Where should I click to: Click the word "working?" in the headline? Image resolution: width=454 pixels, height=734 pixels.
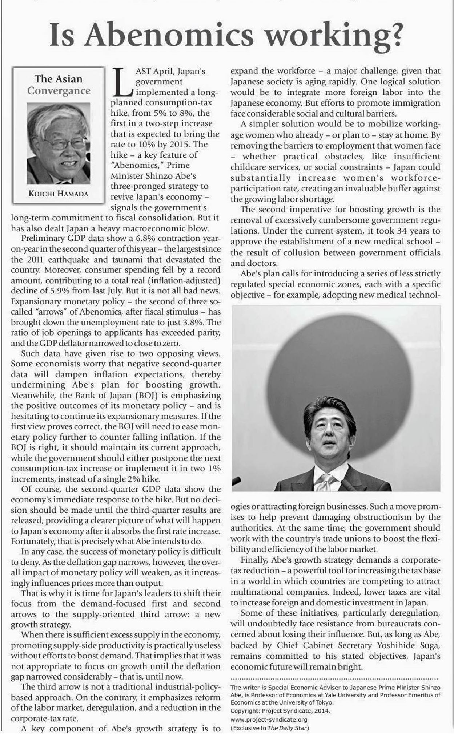click(x=338, y=35)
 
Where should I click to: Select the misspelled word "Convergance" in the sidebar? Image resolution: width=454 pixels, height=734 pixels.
click(x=59, y=91)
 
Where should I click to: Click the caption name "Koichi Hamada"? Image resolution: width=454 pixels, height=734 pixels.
click(x=59, y=194)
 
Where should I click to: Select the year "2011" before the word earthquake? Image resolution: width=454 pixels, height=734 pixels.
click(x=35, y=260)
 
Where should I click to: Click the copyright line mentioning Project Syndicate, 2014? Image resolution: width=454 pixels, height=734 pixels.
click(x=280, y=711)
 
